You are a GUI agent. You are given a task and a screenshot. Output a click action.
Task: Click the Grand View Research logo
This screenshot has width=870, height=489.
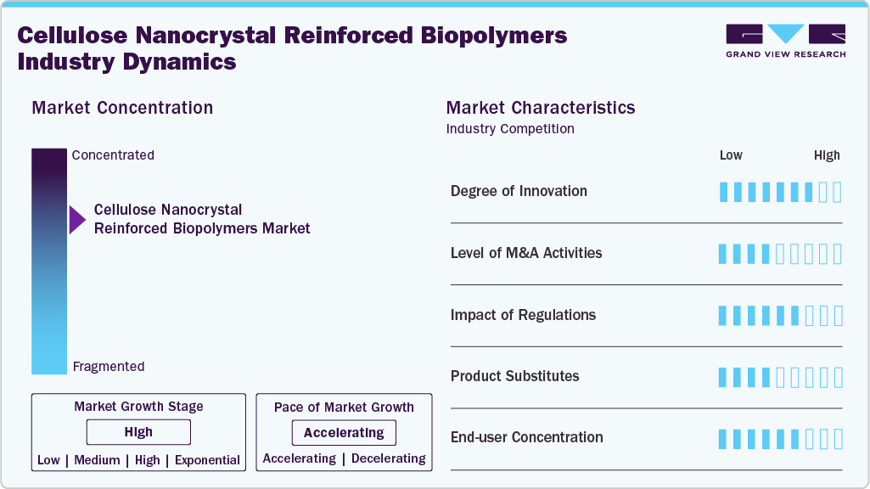tap(785, 41)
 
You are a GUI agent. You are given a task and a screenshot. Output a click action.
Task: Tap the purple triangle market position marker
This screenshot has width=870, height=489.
tap(77, 220)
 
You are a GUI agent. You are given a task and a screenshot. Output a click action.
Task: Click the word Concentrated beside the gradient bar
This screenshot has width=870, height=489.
tap(113, 155)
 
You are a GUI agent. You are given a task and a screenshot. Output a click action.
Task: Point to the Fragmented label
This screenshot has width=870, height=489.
tap(109, 367)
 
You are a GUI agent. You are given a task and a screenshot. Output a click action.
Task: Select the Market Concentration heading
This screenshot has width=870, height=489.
tap(122, 108)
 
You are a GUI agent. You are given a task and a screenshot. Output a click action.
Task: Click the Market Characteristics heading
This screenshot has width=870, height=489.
tap(540, 108)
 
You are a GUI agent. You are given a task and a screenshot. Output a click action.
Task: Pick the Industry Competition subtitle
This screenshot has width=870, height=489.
tap(509, 129)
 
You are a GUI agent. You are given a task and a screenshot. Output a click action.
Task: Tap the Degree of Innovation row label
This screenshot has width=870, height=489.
tap(519, 191)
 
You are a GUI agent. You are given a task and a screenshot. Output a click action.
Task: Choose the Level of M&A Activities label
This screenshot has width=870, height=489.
tap(526, 253)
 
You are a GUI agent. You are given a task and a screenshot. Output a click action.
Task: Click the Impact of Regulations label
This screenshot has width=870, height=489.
tap(523, 315)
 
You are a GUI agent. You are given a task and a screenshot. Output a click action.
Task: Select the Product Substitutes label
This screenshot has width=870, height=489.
tap(514, 376)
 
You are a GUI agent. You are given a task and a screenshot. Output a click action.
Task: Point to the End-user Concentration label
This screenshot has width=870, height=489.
tap(526, 437)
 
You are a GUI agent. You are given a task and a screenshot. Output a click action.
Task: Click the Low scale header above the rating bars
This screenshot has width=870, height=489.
tap(731, 155)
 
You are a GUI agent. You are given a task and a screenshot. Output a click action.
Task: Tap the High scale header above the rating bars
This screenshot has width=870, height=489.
tap(827, 155)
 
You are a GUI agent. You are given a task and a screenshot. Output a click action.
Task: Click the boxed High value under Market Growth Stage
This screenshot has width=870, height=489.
tap(138, 432)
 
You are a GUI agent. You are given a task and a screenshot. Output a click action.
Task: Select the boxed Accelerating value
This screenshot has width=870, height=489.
tap(344, 433)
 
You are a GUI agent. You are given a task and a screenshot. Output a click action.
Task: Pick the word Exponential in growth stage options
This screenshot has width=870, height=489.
tap(207, 460)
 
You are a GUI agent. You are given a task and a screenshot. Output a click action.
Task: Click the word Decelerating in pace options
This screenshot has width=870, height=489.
tap(388, 458)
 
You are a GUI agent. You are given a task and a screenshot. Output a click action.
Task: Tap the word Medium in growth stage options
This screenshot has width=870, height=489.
tap(97, 460)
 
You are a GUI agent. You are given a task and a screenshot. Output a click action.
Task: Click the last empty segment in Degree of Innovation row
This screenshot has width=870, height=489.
tap(838, 192)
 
